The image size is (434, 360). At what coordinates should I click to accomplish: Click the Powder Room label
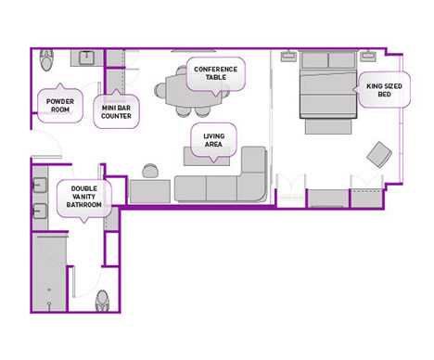click(60, 105)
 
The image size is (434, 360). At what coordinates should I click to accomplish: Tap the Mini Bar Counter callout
click(116, 111)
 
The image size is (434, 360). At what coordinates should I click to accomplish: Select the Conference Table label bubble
click(216, 73)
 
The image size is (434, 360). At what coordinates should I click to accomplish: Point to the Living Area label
click(213, 140)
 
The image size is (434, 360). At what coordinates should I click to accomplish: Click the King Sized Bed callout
click(384, 90)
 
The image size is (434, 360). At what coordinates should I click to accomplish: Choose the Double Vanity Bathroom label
click(84, 197)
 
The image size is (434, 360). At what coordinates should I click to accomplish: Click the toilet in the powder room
click(46, 59)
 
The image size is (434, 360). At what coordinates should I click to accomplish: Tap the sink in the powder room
click(87, 58)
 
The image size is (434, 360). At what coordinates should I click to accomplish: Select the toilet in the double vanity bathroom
click(102, 301)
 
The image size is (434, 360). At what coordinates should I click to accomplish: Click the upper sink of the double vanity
click(40, 186)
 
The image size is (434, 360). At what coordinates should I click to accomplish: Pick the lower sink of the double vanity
click(40, 211)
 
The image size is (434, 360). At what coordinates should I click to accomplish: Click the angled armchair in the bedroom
click(379, 154)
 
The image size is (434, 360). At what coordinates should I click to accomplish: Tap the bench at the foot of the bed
click(328, 126)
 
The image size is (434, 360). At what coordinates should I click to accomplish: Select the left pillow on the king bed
click(314, 60)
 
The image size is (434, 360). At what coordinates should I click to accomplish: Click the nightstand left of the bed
click(288, 56)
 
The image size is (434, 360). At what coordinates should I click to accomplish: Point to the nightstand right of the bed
click(368, 56)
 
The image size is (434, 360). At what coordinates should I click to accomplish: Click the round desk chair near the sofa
click(150, 171)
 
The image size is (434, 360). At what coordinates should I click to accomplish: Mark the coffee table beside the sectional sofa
click(207, 156)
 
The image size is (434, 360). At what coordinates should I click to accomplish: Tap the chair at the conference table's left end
click(160, 90)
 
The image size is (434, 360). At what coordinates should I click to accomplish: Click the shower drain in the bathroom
click(49, 289)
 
